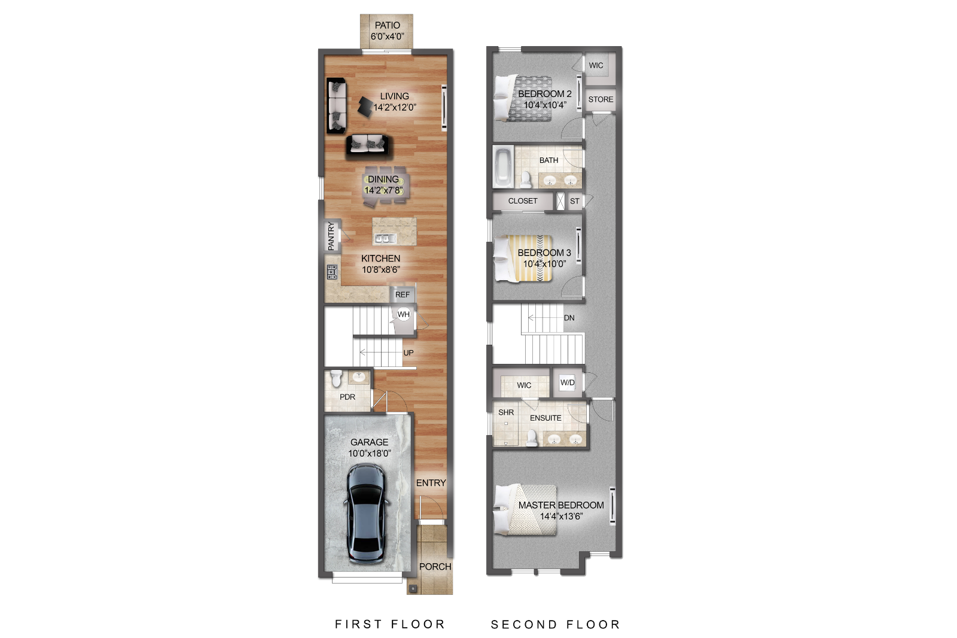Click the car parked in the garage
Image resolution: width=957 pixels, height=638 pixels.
click(366, 514)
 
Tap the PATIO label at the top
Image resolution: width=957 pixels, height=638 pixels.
click(387, 25)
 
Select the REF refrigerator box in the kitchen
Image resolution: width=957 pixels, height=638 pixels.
click(403, 294)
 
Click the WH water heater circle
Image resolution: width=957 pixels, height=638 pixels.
click(404, 314)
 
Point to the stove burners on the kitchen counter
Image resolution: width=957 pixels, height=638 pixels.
click(332, 272)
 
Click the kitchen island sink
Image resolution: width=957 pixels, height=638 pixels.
click(385, 238)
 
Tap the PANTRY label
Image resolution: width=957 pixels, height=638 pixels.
click(331, 236)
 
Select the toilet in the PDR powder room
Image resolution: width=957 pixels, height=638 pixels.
click(336, 379)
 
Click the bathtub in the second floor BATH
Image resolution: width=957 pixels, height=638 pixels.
click(502, 167)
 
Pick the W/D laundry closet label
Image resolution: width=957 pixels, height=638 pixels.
click(567, 382)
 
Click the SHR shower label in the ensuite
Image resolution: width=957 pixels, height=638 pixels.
click(506, 412)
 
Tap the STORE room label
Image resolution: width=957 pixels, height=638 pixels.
click(601, 99)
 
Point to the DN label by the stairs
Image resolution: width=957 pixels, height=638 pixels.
click(569, 318)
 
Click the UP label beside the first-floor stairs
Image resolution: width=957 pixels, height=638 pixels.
click(408, 353)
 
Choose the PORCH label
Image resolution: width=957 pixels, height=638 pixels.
click(435, 566)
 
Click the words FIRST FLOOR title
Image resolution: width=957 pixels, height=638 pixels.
click(390, 624)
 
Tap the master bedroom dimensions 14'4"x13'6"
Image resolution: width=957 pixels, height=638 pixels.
click(561, 516)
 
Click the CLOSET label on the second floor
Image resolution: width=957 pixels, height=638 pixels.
click(523, 201)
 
